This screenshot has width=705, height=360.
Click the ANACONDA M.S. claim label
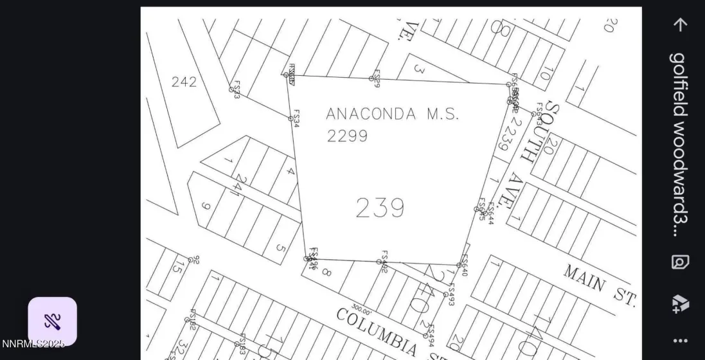pyautogui.click(x=393, y=114)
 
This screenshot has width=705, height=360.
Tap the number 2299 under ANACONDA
pyautogui.click(x=347, y=136)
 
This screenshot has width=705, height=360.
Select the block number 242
pyautogui.click(x=184, y=82)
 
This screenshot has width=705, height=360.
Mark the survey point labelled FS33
pyautogui.click(x=231, y=89)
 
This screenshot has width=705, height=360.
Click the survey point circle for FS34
pyautogui.click(x=290, y=118)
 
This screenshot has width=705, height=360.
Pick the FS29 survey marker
pyautogui.click(x=371, y=78)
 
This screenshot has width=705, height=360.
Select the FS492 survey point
pyautogui.click(x=379, y=262)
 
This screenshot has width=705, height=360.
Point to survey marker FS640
pyautogui.click(x=459, y=265)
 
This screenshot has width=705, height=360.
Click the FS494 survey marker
pyautogui.click(x=425, y=336)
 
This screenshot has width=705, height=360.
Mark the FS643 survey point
pyautogui.click(x=533, y=114)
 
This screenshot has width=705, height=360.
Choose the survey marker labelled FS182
pyautogui.click(x=187, y=319)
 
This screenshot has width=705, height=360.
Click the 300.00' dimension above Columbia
pyautogui.click(x=362, y=309)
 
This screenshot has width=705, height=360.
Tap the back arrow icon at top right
pyautogui.click(x=680, y=24)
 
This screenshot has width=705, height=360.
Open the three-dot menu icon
pyautogui.click(x=680, y=341)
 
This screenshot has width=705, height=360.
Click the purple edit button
pyautogui.click(x=52, y=321)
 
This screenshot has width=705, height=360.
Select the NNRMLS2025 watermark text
pyautogui.click(x=33, y=344)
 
